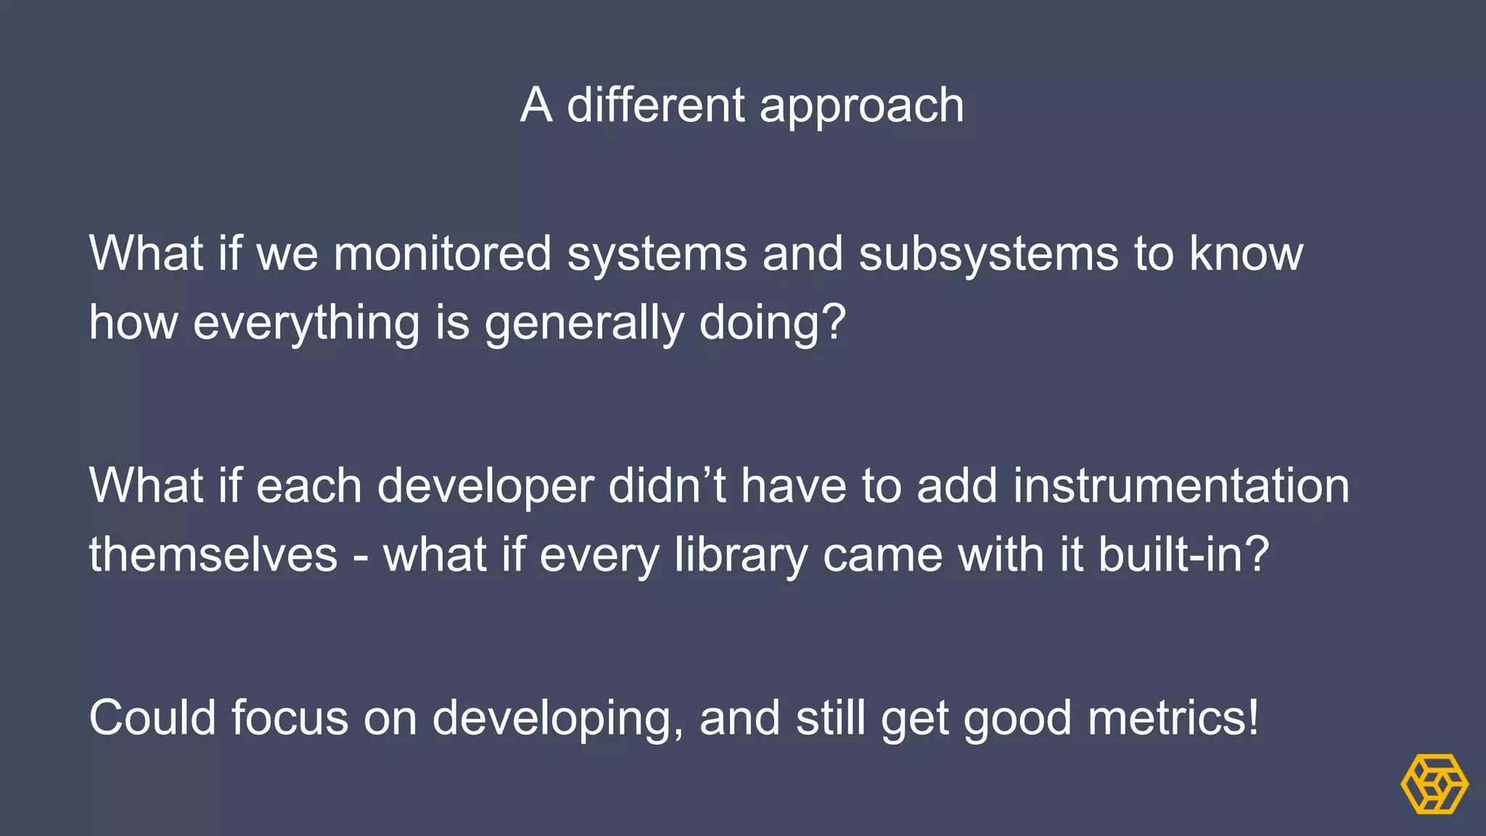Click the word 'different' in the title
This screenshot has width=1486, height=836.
654,105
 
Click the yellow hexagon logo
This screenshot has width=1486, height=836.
1434,784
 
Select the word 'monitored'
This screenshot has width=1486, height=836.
443,254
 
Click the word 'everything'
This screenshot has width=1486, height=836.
306,324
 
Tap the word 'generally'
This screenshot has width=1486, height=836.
585,324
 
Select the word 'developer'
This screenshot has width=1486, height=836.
485,486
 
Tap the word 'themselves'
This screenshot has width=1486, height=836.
213,554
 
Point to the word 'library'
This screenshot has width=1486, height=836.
741,556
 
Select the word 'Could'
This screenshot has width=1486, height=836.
152,718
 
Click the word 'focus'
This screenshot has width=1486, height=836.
290,718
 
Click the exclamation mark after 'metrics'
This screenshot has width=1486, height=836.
1252,718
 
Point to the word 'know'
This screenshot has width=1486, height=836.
1246,254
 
